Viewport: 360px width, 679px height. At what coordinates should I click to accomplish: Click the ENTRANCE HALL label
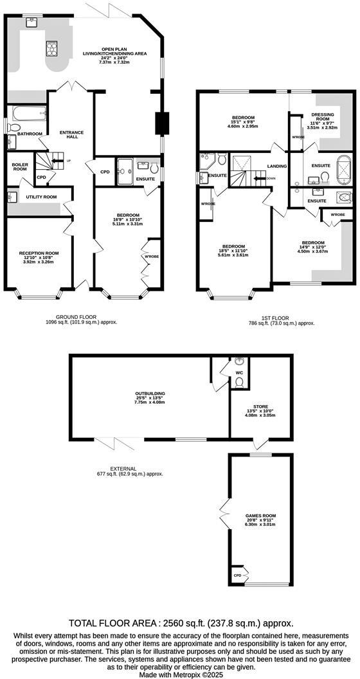71,136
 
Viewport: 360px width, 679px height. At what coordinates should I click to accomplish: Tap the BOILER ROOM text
20,167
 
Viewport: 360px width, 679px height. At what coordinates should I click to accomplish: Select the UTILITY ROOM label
41,197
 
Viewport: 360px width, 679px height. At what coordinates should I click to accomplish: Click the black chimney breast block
161,123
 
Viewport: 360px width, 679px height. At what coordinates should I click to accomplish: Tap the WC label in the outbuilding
239,372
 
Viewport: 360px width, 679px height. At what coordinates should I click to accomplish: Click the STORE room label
260,406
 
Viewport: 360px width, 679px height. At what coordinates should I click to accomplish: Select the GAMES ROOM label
260,516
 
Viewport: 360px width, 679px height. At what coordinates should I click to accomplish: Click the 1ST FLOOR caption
274,317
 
